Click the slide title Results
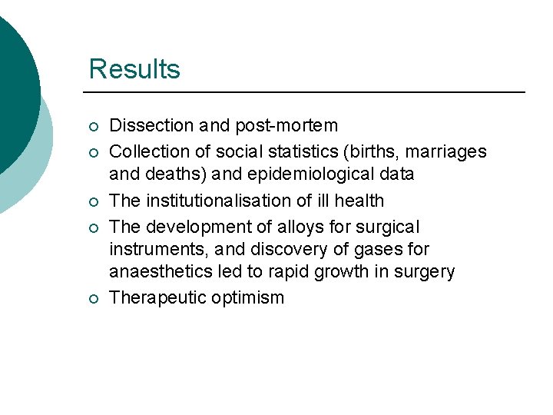[134, 69]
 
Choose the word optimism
[250, 297]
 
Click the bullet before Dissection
[92, 126]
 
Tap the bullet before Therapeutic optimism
[92, 298]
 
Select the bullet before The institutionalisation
[92, 201]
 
